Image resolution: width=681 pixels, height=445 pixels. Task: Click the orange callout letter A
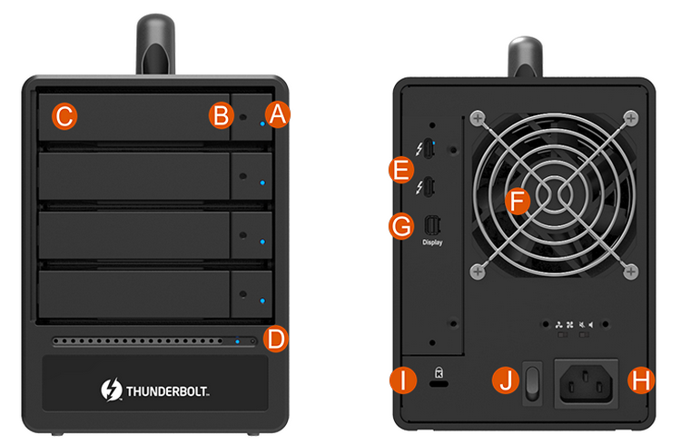point(278,114)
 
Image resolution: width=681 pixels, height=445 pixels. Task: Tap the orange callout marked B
point(222,115)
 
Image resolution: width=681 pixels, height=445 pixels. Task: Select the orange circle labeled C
point(64,116)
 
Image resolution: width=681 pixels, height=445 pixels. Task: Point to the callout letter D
point(276,340)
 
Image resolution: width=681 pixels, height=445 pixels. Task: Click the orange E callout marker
point(401,170)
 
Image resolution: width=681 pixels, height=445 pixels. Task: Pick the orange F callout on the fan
point(518,202)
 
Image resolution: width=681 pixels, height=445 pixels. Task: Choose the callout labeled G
point(401,226)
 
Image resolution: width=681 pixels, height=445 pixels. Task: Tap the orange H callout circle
point(641,381)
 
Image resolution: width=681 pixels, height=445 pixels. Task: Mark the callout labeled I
point(403,381)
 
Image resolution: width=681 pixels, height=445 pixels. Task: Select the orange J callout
point(506,381)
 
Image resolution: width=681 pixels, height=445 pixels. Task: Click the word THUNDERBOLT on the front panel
point(168,391)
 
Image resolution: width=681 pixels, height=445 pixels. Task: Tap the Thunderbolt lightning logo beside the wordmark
point(112,390)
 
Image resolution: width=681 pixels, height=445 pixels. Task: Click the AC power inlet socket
point(586,384)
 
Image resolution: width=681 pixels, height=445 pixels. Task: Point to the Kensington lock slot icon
point(439,372)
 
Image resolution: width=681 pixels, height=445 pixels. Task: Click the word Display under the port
point(432,242)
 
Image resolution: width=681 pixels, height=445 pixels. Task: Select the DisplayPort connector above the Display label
point(432,225)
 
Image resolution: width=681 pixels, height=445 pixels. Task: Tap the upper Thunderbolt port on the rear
point(429,149)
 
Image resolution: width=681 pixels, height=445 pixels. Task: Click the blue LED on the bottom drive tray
point(262,301)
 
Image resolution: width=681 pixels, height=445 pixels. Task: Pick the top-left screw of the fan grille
point(478,118)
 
